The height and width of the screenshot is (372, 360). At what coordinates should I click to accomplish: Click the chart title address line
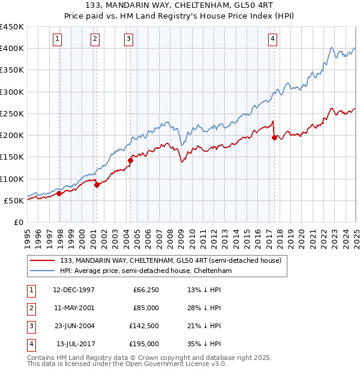coord(179,6)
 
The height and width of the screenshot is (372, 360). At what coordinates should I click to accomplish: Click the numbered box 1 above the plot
coord(57,40)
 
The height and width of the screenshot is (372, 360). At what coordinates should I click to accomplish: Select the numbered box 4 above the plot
coord(272,40)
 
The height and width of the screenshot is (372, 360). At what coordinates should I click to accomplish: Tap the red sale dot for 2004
coord(130,160)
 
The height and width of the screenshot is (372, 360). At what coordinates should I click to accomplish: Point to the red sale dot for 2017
coord(274,137)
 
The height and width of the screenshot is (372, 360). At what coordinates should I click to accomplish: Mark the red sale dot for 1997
coord(59,193)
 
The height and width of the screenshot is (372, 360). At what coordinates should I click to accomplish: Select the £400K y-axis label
coord(12,48)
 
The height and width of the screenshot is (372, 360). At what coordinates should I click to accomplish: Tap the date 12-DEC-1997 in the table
coord(73,290)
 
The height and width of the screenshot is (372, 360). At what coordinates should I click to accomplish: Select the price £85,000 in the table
coord(146,308)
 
